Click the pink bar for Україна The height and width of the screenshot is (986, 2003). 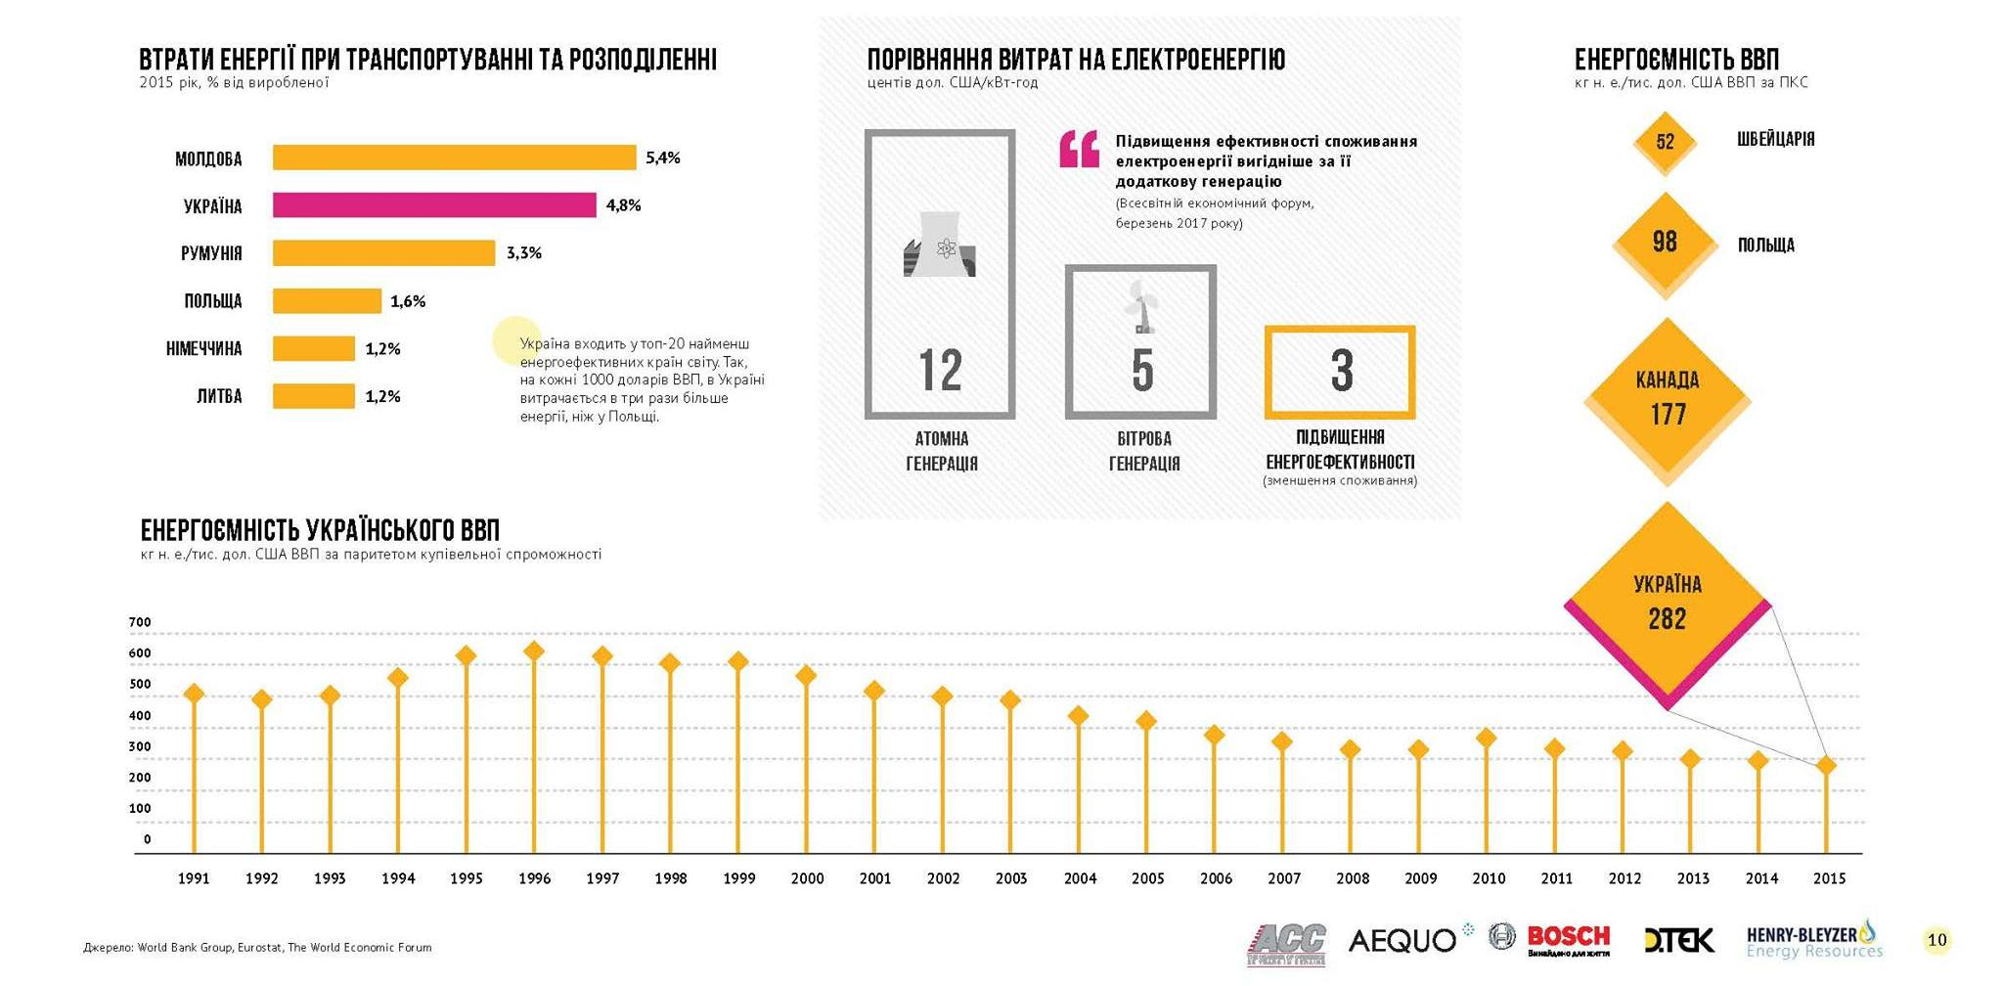tap(434, 205)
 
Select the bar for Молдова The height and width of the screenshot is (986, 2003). tap(454, 157)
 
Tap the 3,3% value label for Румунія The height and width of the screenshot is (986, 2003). tap(523, 253)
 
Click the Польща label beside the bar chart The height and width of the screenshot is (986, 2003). tap(212, 301)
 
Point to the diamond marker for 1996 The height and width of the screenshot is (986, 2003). tap(534, 651)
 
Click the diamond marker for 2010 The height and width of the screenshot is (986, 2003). tap(1487, 738)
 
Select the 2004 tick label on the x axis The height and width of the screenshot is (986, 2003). tap(1080, 878)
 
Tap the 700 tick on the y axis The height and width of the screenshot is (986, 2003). tap(140, 622)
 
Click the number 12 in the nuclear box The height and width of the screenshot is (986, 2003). tap(940, 371)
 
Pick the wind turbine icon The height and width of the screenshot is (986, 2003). tap(1139, 306)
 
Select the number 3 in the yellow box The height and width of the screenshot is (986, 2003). tap(1341, 371)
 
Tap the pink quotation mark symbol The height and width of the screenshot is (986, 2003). tap(1079, 150)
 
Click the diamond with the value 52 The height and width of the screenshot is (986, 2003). tap(1665, 142)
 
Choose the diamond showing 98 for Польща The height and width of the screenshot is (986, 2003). tap(1665, 242)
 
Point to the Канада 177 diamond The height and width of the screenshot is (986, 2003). tap(1668, 398)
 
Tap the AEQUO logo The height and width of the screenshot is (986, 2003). tap(1402, 941)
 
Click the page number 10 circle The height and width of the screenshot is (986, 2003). tap(1936, 940)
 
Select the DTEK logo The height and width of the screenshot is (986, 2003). tap(1679, 941)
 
